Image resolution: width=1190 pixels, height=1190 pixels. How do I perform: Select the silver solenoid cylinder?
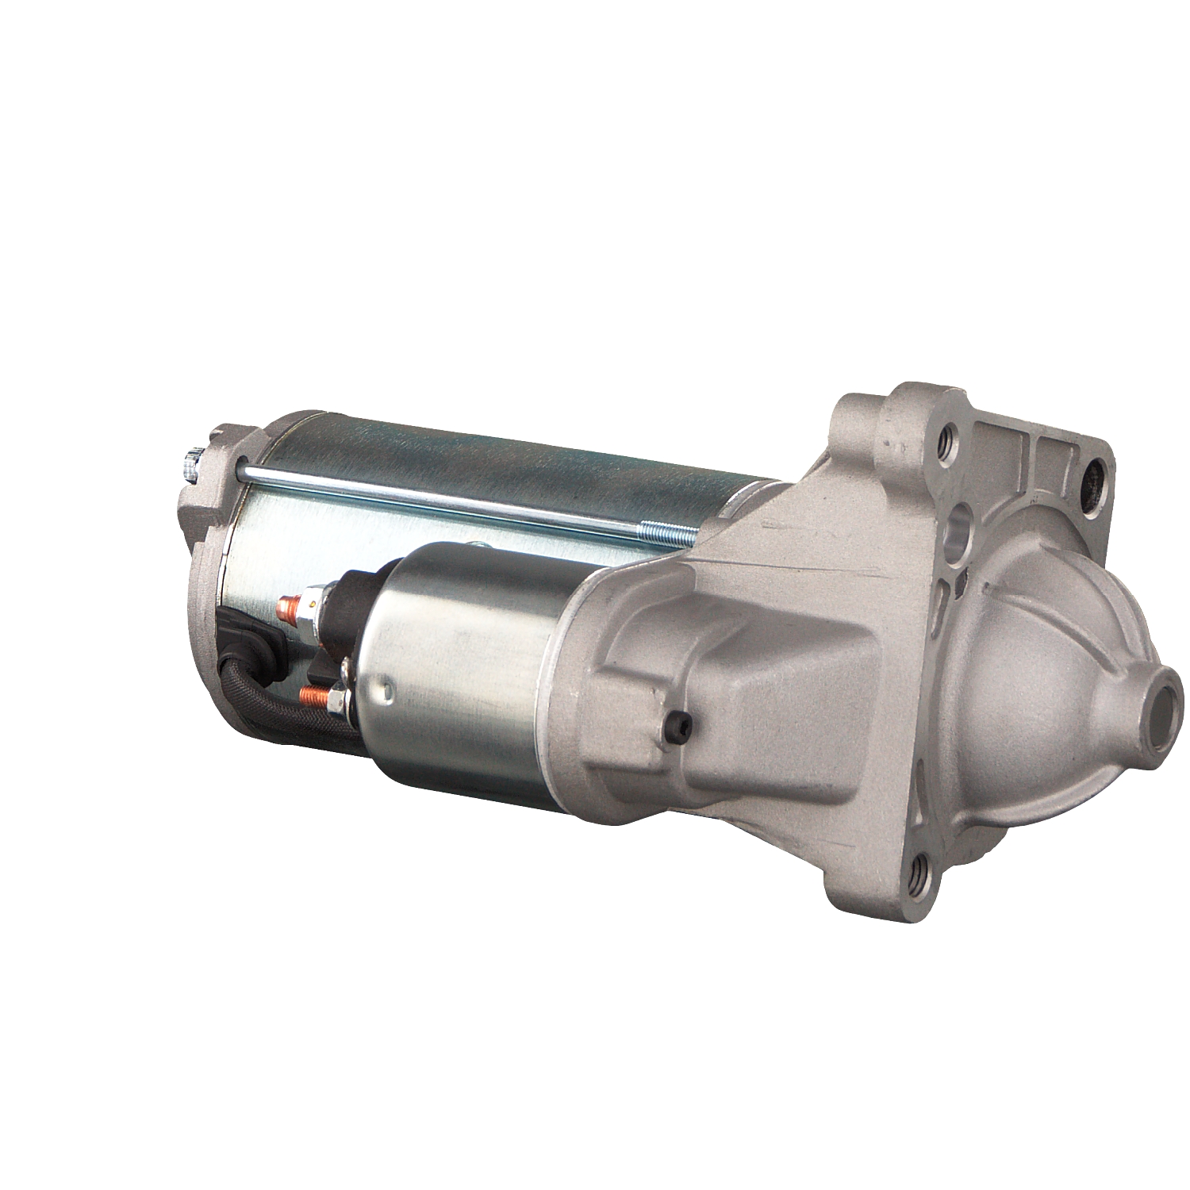point(468,666)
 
